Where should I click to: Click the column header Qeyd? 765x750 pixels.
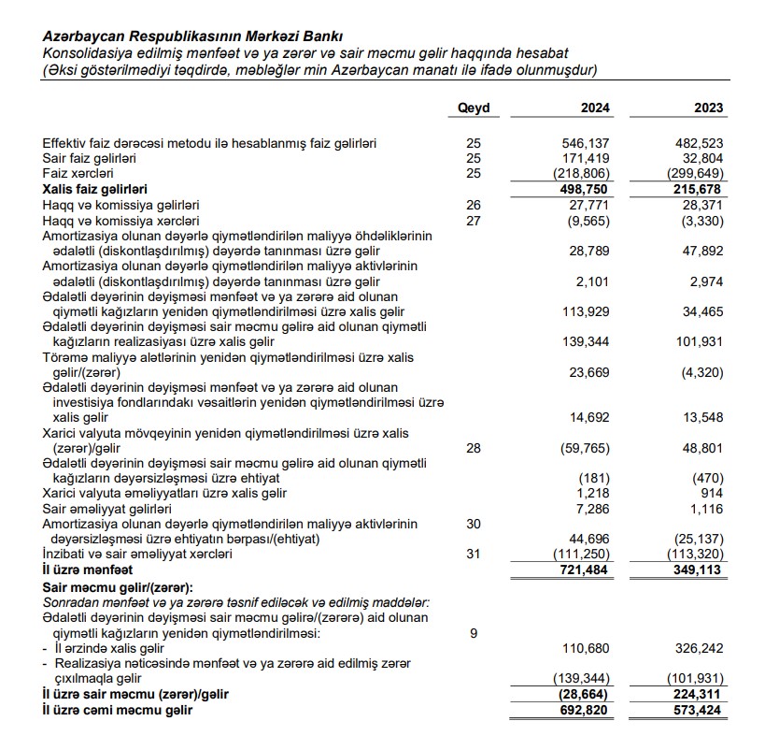tap(473, 108)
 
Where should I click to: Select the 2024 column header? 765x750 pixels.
tap(595, 108)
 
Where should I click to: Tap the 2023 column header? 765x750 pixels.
tap(708, 108)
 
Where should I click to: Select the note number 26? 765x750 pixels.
tap(473, 203)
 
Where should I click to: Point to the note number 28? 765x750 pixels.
tap(473, 448)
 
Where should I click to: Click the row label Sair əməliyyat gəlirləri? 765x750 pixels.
tap(106, 509)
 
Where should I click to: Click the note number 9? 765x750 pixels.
tap(473, 633)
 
